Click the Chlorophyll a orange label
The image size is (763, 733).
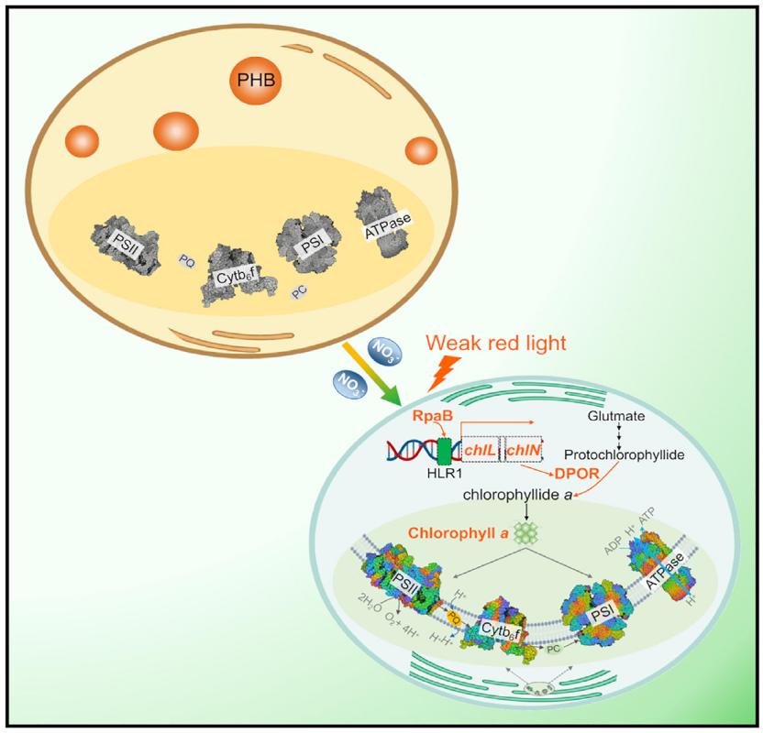(x=454, y=531)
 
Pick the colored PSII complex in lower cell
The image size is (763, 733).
(x=402, y=579)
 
